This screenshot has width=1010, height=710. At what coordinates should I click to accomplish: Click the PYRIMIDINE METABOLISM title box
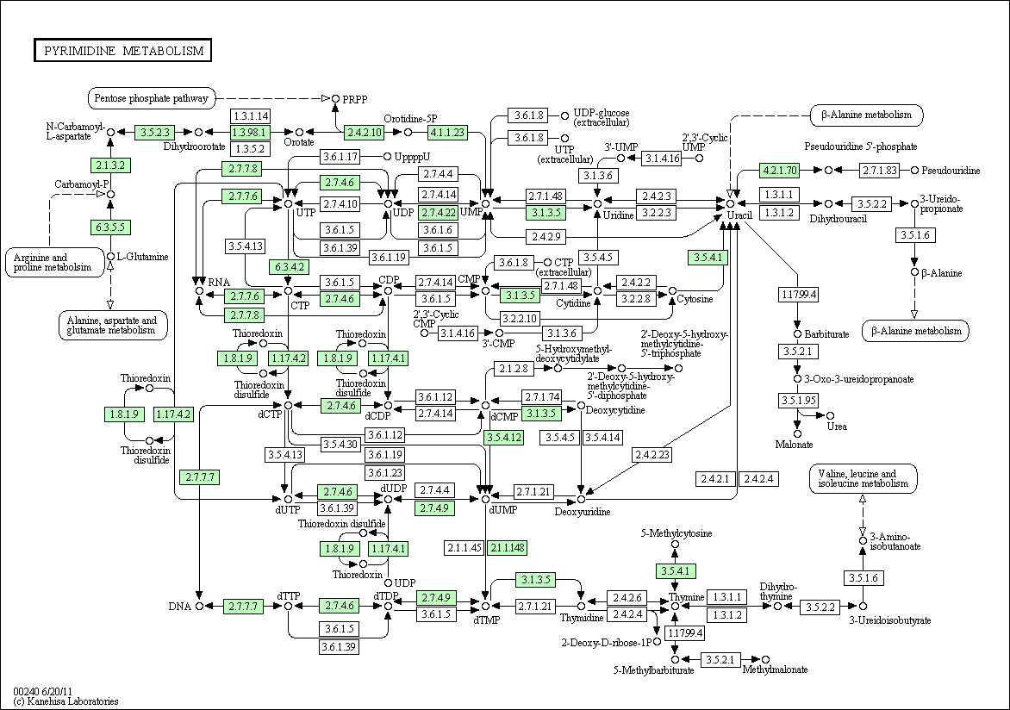(x=123, y=51)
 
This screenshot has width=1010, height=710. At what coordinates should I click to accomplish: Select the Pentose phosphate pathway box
(x=152, y=98)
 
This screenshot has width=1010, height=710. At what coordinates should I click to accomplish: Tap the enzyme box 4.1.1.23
(x=447, y=132)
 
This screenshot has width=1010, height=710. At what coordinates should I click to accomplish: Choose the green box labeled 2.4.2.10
(x=364, y=132)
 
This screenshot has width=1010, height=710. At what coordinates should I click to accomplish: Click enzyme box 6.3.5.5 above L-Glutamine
(x=110, y=227)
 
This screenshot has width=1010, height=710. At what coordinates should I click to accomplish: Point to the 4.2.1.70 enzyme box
(x=780, y=170)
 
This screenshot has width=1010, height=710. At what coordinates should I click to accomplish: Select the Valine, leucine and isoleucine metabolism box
(x=863, y=479)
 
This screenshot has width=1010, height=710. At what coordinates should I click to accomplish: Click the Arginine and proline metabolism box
(x=55, y=262)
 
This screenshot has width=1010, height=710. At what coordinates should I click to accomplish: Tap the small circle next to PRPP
(x=335, y=98)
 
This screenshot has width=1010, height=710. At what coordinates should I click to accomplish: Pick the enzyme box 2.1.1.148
(x=507, y=548)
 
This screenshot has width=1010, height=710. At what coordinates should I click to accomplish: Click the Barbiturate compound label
(x=826, y=333)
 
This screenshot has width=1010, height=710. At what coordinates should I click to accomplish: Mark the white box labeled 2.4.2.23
(x=652, y=454)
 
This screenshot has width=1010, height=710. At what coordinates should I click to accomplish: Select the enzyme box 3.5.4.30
(x=340, y=444)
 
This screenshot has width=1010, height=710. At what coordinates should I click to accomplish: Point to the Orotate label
(x=299, y=142)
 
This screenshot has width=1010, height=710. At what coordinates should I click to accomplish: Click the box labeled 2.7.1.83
(x=879, y=170)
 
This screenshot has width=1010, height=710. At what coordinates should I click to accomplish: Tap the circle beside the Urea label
(x=830, y=415)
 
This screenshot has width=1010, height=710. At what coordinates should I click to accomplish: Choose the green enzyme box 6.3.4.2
(x=289, y=266)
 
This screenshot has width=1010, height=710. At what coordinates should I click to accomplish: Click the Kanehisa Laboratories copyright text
(x=65, y=701)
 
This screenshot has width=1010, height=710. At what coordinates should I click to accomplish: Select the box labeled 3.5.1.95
(x=798, y=400)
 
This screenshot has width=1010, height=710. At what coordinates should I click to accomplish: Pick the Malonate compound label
(x=795, y=445)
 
